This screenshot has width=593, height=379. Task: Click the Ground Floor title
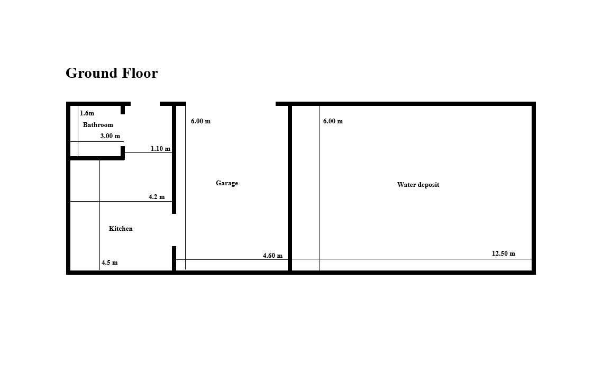112,74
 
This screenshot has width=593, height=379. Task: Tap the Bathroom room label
98,125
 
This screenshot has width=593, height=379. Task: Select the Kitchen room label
121,229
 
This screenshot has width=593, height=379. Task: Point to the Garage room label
227,183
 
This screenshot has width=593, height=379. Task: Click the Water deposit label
418,185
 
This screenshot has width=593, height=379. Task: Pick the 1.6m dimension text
87,113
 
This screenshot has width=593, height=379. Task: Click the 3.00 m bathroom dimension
110,136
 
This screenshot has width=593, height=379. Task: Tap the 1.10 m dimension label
160,149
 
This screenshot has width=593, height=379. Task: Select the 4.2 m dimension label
157,197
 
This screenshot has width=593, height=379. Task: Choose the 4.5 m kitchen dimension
110,263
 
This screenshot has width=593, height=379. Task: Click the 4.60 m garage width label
272,256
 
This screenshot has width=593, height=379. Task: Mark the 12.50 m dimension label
504,254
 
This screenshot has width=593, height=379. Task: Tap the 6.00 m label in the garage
200,121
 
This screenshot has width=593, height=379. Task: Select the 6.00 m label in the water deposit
333,121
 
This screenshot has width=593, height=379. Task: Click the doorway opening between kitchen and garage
174,230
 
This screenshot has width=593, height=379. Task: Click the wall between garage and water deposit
290,188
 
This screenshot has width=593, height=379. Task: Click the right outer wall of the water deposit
534,188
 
